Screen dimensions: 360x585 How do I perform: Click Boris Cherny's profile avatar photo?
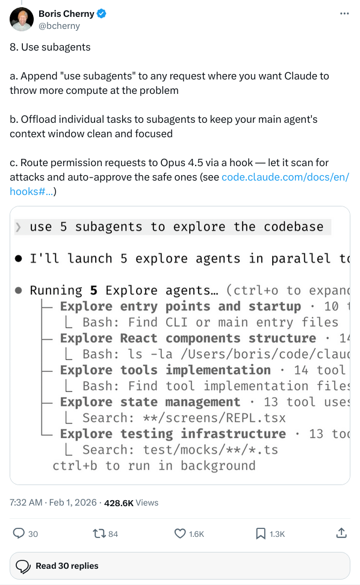point(22,19)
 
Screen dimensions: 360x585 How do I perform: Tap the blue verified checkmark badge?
point(102,14)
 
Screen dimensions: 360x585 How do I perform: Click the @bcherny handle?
point(60,26)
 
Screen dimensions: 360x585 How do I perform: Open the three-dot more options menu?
point(344,13)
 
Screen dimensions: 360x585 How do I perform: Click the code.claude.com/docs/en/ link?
point(285,177)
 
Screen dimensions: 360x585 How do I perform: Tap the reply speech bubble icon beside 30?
point(19,533)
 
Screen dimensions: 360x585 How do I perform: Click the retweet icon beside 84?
point(99,533)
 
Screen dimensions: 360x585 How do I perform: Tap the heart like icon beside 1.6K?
point(180,533)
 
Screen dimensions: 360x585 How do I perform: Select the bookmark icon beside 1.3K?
point(261,533)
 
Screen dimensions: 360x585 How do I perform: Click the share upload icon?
point(341,533)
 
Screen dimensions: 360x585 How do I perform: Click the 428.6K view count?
point(119,503)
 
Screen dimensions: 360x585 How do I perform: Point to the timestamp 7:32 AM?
point(26,503)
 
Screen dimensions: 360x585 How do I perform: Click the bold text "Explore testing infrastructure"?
point(173,434)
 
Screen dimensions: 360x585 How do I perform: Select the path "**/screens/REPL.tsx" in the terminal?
point(214,418)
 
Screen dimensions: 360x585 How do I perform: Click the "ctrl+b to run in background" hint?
point(154,466)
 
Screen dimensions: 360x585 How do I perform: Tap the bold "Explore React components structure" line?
point(188,338)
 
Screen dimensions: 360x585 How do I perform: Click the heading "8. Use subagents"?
point(50,48)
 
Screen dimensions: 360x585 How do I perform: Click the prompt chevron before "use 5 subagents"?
point(18,227)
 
